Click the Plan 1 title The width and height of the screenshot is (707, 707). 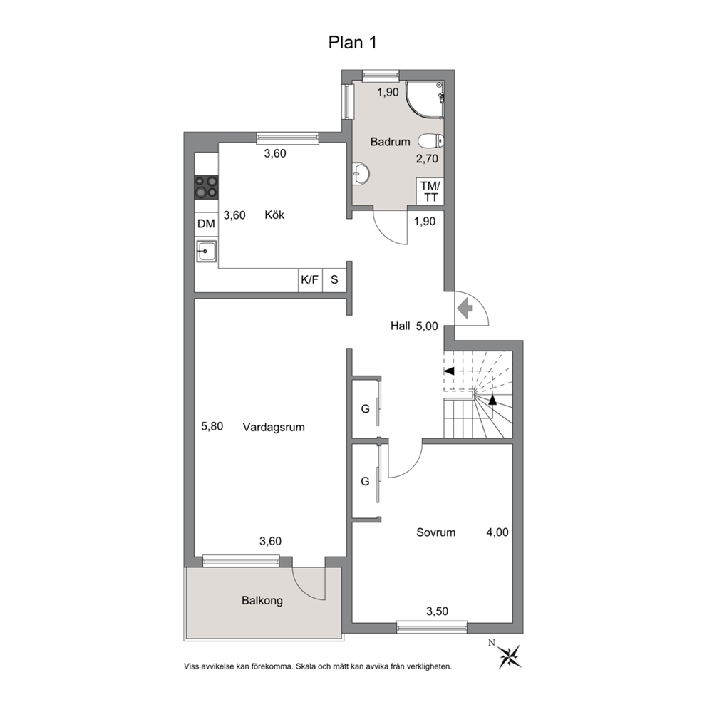click(352, 42)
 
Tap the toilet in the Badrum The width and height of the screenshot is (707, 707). click(430, 141)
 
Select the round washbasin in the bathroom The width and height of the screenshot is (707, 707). click(361, 173)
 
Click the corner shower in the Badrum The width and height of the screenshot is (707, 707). click(424, 100)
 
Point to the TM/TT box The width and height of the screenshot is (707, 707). click(430, 191)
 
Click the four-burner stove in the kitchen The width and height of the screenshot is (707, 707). click(206, 187)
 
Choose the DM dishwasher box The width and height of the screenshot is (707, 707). click(206, 224)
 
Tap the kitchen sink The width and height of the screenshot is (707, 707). click(206, 251)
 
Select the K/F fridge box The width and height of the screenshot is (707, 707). click(310, 280)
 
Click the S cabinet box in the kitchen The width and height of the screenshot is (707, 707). click(334, 280)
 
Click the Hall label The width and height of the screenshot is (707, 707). click(401, 326)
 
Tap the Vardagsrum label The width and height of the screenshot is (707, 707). click(274, 427)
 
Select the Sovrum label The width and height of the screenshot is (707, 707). click(435, 532)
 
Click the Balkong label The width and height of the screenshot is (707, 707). click(262, 601)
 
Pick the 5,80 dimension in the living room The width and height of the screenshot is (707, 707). click(212, 426)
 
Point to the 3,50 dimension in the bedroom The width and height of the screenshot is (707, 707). click(438, 611)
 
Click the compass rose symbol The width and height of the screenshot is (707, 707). click(509, 656)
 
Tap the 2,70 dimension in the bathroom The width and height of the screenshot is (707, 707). click(427, 159)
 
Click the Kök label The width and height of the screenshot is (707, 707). click(274, 215)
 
